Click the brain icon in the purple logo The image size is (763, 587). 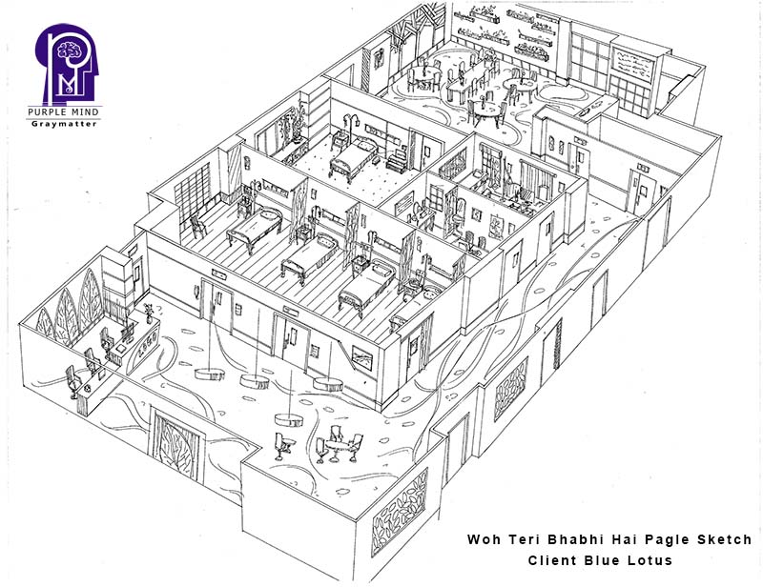[69, 50]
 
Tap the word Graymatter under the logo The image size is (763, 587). [64, 124]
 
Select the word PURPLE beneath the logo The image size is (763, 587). [46, 111]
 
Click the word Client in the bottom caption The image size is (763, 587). [550, 559]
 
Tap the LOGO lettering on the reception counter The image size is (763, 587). [148, 345]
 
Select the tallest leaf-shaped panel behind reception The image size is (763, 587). [91, 299]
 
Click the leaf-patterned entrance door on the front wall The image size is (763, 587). [176, 446]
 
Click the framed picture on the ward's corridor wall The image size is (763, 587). [362, 357]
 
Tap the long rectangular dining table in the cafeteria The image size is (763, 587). [468, 79]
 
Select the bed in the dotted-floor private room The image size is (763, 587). [354, 157]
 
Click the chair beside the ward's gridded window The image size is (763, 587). [198, 226]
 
